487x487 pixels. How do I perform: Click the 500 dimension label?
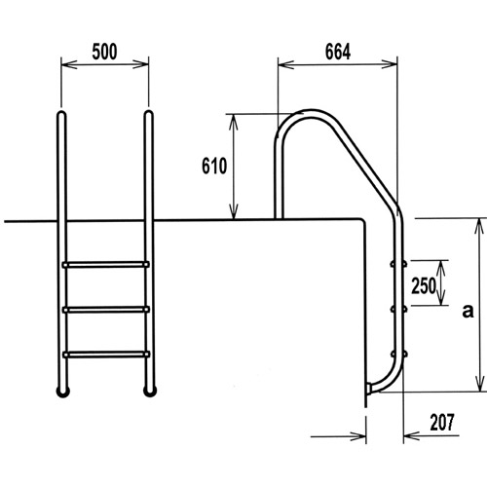pos(104,52)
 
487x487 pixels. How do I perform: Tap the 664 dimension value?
pos(338,52)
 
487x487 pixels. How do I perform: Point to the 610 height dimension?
pos(214,166)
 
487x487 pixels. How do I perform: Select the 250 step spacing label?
pos(424,286)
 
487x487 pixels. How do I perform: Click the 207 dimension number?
pos(442,422)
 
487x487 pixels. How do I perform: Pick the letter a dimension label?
pos(468,311)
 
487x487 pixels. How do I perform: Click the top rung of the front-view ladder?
pos(106,265)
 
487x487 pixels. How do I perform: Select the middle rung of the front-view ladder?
pos(106,310)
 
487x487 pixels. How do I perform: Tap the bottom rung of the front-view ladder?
pos(106,355)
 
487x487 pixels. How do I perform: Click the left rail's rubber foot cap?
pos(63,392)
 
